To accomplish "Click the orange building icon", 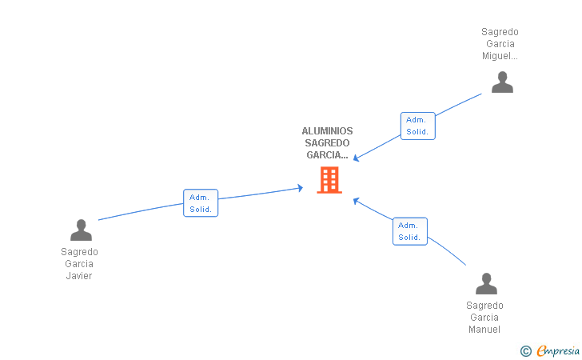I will (x=329, y=180).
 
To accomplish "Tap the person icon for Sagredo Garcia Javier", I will (x=81, y=230).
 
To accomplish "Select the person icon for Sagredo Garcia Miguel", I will (x=502, y=82).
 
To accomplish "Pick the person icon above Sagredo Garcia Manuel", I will (x=486, y=284).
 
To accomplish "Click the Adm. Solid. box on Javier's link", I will (x=201, y=203).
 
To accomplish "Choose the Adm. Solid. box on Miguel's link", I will (x=417, y=126).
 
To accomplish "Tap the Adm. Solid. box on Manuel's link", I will (x=409, y=231).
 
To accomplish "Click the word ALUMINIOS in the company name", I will (x=327, y=131).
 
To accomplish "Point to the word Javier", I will (x=79, y=276).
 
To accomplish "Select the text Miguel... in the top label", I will (x=500, y=56).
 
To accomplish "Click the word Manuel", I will (x=484, y=330).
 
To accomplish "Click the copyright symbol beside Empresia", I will (x=525, y=350).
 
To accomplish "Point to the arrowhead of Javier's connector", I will (x=301, y=188).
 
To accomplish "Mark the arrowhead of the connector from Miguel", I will (x=356, y=159).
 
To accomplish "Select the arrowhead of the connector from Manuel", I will (x=356, y=200).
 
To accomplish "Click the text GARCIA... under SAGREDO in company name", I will (x=327, y=155).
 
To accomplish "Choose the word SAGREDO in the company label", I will (x=327, y=143).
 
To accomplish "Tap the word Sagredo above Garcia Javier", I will (x=79, y=251).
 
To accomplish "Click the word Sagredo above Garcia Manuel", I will (x=484, y=306).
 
